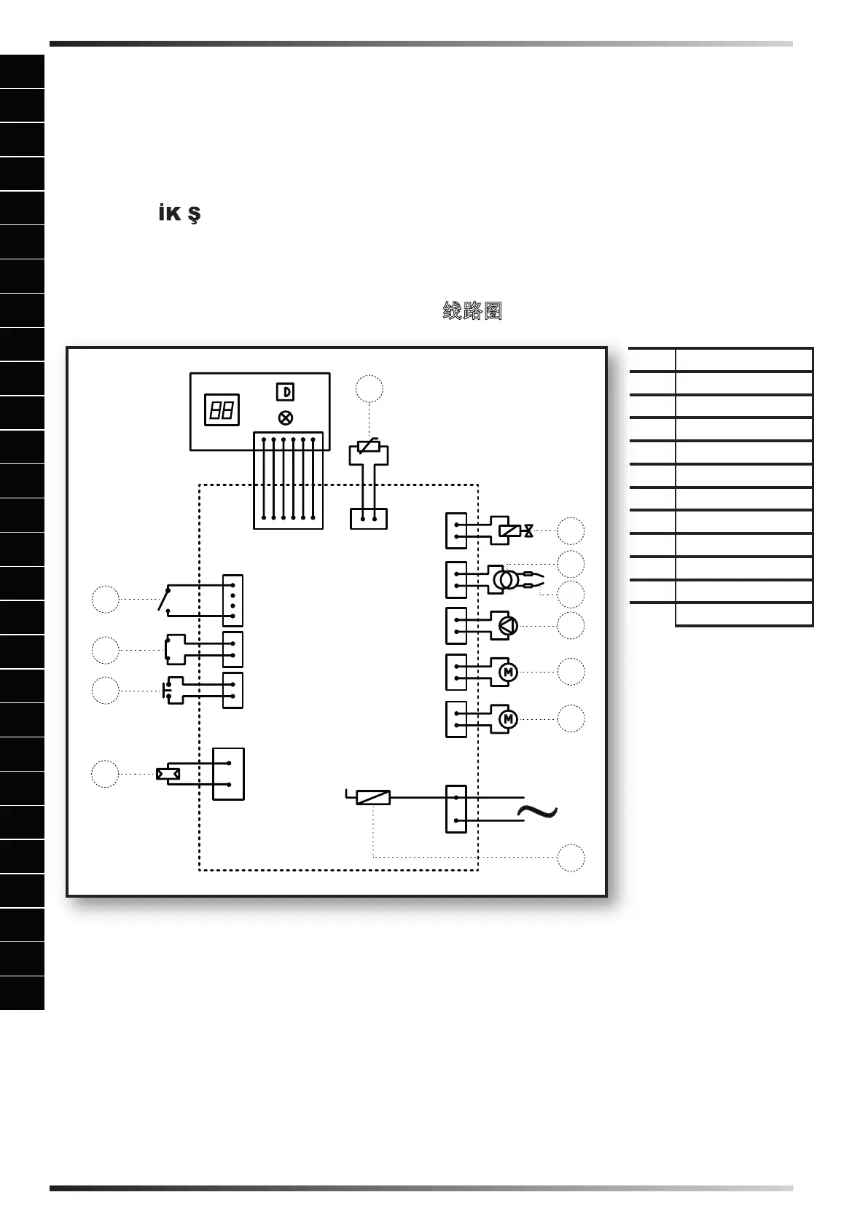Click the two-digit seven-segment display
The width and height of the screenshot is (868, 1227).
pyautogui.click(x=222, y=410)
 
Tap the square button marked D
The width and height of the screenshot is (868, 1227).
pyautogui.click(x=285, y=392)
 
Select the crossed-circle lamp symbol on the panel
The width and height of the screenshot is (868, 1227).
pyautogui.click(x=286, y=418)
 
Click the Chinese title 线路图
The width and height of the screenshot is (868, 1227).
pyautogui.click(x=472, y=311)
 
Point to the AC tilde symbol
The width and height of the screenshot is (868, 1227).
pyautogui.click(x=537, y=812)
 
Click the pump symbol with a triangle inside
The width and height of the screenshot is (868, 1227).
pyautogui.click(x=508, y=626)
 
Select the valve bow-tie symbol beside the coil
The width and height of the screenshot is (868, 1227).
pyautogui.click(x=528, y=531)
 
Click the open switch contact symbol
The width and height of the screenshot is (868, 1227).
pyautogui.click(x=165, y=599)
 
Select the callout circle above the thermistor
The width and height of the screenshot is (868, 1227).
pyautogui.click(x=370, y=389)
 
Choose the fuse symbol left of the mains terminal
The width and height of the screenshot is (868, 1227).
pyautogui.click(x=372, y=798)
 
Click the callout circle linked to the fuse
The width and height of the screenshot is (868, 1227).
pyautogui.click(x=571, y=858)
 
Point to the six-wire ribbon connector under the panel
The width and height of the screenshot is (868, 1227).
pyautogui.click(x=288, y=479)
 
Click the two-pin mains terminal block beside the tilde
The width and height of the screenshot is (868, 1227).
pyautogui.click(x=455, y=809)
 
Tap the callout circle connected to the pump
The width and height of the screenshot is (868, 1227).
pyautogui.click(x=571, y=626)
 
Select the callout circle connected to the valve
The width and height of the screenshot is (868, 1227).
pyautogui.click(x=571, y=531)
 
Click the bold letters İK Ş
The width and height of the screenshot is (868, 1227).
pyautogui.click(x=179, y=214)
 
